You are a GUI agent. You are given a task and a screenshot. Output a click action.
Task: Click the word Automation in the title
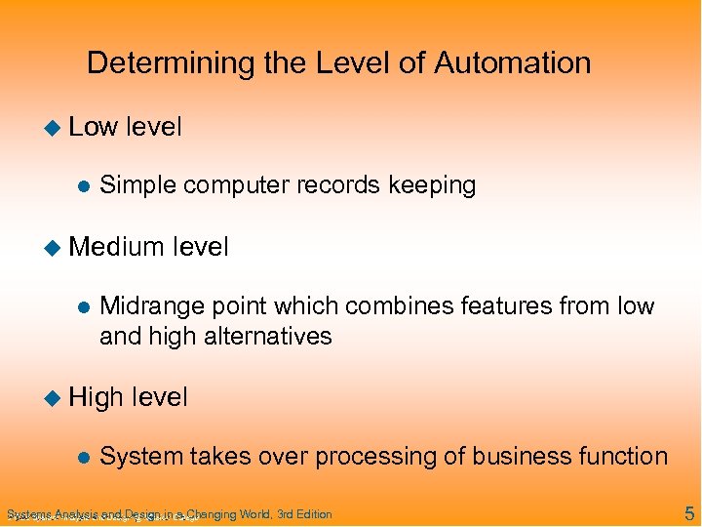512,63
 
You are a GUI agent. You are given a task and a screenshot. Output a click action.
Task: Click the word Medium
116,247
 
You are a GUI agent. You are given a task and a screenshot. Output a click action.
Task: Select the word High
96,397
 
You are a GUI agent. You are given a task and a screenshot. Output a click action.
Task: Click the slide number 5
688,513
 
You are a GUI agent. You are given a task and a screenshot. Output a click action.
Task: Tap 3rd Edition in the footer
304,514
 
